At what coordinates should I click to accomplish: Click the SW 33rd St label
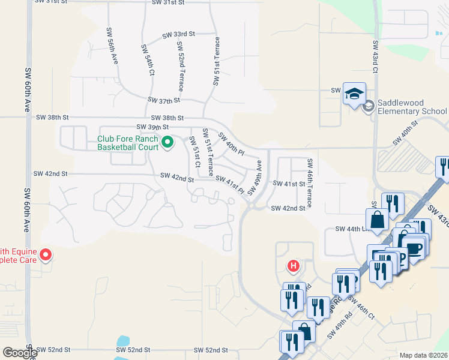(x=179, y=35)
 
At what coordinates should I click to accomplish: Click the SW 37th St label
(x=164, y=100)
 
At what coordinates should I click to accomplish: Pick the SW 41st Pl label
(x=230, y=184)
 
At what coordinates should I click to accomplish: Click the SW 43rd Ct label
(x=375, y=57)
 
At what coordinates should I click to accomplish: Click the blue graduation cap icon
(x=354, y=94)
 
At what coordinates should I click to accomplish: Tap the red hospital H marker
(x=294, y=265)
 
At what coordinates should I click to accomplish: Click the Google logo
(x=20, y=353)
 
